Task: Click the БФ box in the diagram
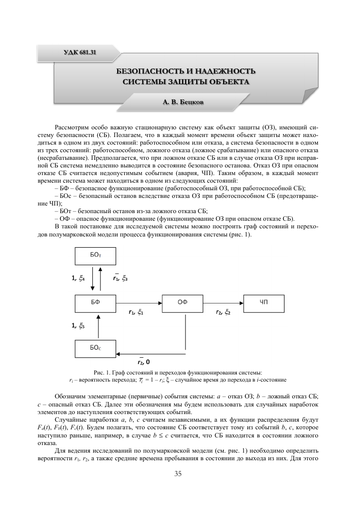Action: tap(95, 302)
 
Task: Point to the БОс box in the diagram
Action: tap(95, 348)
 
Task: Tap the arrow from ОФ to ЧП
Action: tap(223, 303)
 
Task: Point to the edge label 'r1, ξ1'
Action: tap(136, 313)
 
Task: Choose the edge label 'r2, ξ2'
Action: tap(222, 313)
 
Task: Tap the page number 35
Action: tap(178, 474)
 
